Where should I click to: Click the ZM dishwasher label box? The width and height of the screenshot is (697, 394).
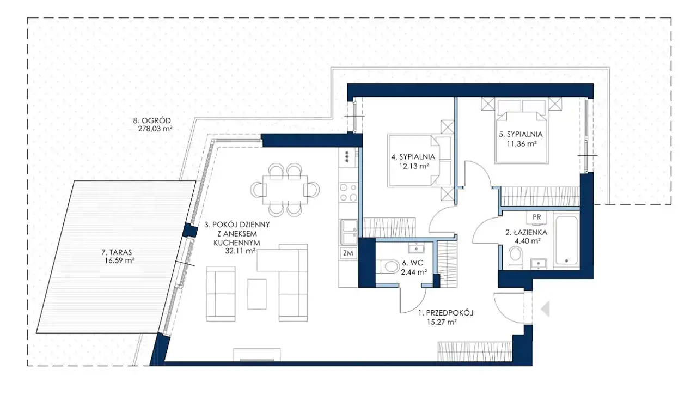(x=348, y=253)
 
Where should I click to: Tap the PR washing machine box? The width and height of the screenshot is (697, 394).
(x=537, y=217)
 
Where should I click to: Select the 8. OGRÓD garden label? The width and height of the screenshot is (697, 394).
(x=152, y=120)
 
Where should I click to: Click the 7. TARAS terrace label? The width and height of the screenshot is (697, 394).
(x=117, y=252)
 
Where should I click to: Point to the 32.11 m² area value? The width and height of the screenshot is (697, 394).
(x=240, y=251)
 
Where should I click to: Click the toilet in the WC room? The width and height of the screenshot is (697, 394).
(x=388, y=267)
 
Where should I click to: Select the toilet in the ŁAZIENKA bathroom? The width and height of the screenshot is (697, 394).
(x=516, y=258)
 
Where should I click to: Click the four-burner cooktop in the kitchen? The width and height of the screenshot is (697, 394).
(x=348, y=192)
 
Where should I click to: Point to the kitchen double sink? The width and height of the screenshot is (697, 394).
(x=348, y=232)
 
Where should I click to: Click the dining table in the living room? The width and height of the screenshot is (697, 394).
(x=285, y=190)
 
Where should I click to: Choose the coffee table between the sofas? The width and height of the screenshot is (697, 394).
(x=256, y=294)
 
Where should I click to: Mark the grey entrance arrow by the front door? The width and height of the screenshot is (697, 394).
(x=545, y=309)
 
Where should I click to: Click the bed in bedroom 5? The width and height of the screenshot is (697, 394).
(x=522, y=131)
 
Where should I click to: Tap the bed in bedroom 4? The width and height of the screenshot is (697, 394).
(x=419, y=161)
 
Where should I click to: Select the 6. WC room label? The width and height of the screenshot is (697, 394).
(x=412, y=263)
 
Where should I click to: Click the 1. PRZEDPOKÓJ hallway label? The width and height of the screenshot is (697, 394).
(x=445, y=313)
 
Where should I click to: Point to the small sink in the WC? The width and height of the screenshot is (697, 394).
(x=415, y=248)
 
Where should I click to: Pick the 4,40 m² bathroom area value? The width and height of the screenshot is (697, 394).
(x=528, y=241)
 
